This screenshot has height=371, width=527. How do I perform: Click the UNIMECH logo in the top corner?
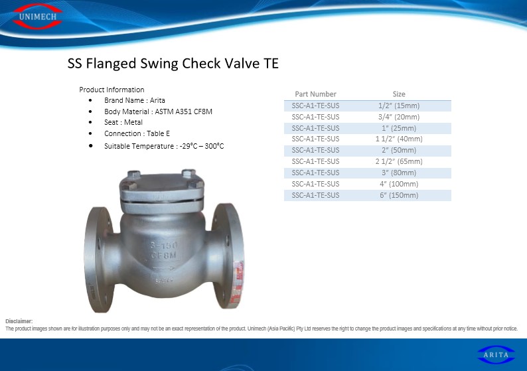tap(38, 16)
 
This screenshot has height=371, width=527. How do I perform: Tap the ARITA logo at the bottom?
tap(496, 355)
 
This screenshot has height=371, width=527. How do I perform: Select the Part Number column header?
tap(315, 94)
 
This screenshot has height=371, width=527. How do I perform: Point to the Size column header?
tap(399, 94)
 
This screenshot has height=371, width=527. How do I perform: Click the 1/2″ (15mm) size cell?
tap(399, 106)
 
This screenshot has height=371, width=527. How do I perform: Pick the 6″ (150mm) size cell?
tap(399, 195)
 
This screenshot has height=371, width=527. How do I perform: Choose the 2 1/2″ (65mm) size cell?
tap(399, 161)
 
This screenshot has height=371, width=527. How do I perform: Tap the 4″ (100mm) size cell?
tap(399, 184)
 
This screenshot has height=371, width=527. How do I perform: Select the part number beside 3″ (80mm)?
tap(315, 173)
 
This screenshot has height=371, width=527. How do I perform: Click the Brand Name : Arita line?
tap(135, 100)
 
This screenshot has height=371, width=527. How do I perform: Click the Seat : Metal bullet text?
tap(123, 122)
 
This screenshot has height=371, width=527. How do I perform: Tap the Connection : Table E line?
tap(137, 133)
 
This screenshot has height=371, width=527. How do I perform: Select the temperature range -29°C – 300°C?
tap(202, 146)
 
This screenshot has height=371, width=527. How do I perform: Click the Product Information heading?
tap(112, 90)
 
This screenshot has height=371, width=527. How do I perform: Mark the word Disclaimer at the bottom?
tap(19, 321)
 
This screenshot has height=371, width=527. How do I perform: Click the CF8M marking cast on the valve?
tap(163, 256)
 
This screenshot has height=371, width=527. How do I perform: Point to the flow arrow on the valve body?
tap(164, 269)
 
